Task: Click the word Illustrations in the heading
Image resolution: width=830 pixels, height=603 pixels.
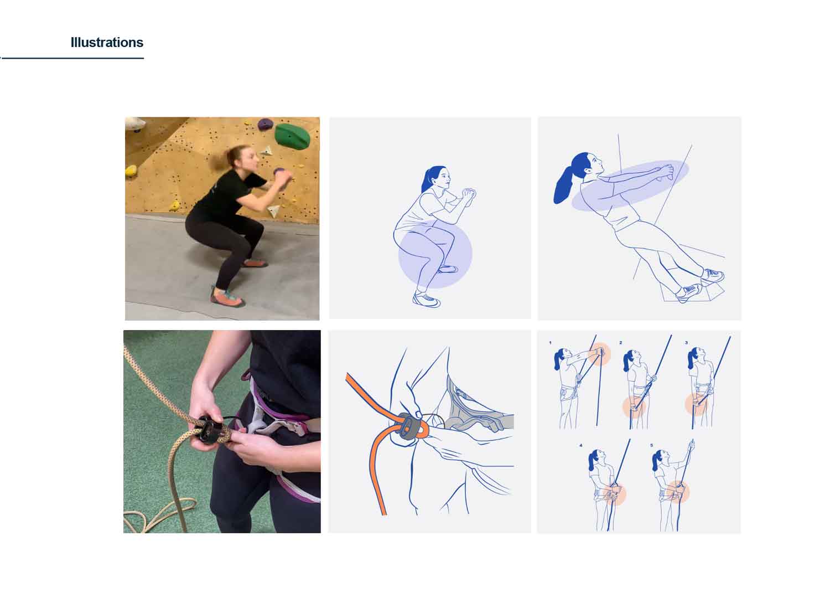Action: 107,43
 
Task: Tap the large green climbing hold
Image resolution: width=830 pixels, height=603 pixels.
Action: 292,136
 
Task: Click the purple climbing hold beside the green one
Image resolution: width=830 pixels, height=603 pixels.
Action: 265,124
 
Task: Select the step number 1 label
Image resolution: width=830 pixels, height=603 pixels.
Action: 550,343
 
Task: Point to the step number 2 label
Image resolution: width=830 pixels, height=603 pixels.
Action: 621,343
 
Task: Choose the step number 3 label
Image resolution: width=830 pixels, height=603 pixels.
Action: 686,343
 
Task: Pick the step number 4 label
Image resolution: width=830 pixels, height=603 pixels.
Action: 581,445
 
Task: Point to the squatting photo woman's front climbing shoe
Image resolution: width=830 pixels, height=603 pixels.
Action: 227,298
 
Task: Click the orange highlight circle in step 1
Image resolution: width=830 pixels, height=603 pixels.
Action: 599,354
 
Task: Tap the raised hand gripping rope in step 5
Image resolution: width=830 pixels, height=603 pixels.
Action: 691,445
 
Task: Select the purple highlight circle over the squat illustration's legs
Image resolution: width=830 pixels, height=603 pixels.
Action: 435,254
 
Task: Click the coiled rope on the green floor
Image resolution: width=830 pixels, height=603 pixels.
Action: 163,512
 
